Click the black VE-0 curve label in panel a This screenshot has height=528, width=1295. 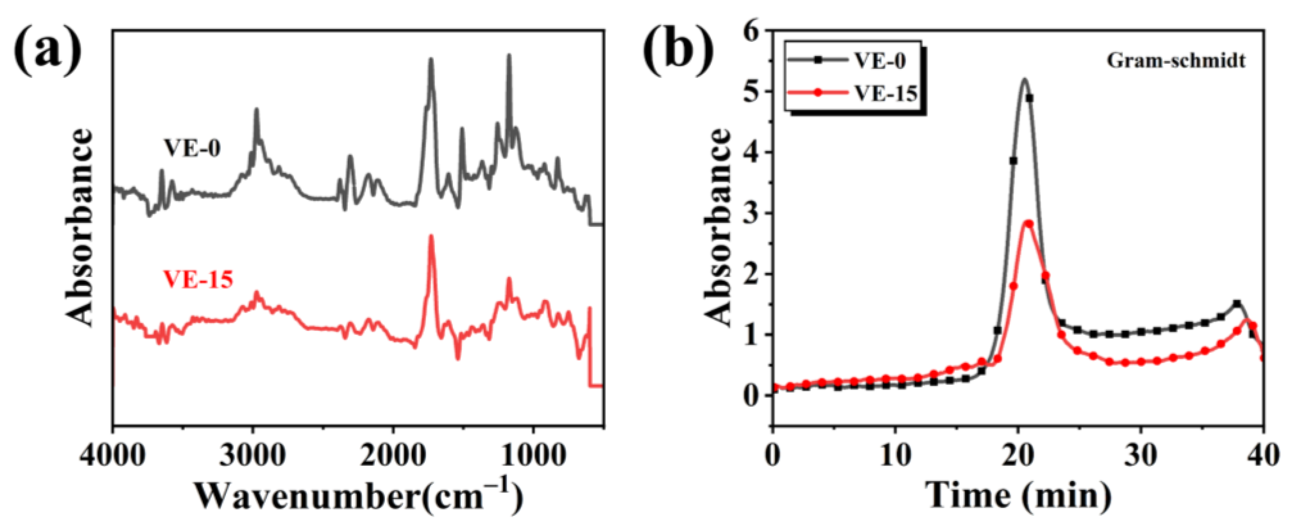(x=192, y=148)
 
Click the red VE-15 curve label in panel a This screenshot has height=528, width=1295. (x=199, y=279)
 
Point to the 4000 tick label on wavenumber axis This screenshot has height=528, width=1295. (x=114, y=456)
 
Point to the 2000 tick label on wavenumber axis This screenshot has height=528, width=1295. (x=393, y=456)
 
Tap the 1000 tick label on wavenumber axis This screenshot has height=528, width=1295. (x=533, y=456)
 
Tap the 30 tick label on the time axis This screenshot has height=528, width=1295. (x=1141, y=456)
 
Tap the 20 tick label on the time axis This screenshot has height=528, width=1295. (x=1018, y=456)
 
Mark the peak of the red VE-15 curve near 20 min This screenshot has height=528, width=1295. (x=1028, y=222)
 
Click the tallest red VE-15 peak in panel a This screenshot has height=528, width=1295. (x=431, y=236)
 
